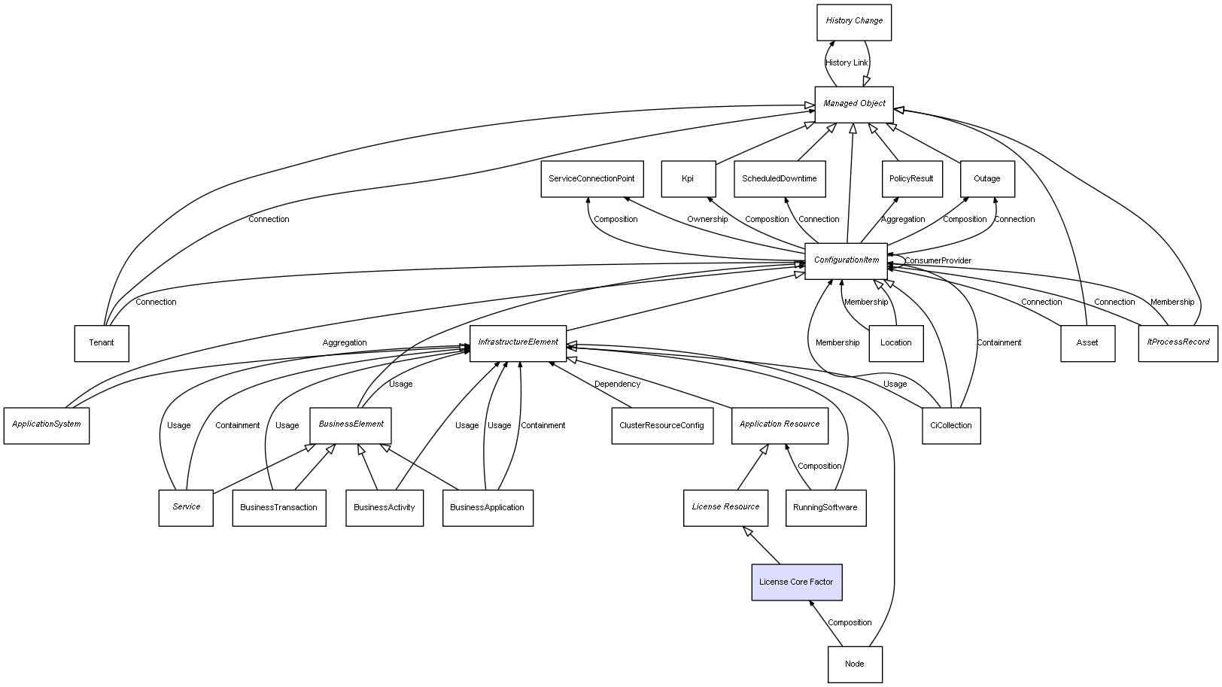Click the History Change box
click(x=854, y=22)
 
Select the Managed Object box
click(x=854, y=104)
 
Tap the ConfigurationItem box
click(x=846, y=261)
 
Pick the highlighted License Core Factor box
click(x=796, y=582)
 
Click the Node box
click(x=855, y=664)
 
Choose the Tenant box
click(x=102, y=343)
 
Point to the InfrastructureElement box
click(x=518, y=343)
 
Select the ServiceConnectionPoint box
click(x=591, y=179)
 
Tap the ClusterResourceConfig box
click(x=661, y=426)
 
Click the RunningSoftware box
click(x=825, y=508)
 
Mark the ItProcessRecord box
click(x=1178, y=343)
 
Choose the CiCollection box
click(x=951, y=426)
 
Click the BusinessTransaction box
click(x=278, y=508)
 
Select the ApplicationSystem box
click(x=47, y=425)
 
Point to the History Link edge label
click(x=847, y=63)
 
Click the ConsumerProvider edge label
click(x=938, y=261)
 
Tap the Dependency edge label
click(x=617, y=385)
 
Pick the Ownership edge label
click(x=707, y=220)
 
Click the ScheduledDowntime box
click(x=779, y=179)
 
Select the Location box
click(x=895, y=343)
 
